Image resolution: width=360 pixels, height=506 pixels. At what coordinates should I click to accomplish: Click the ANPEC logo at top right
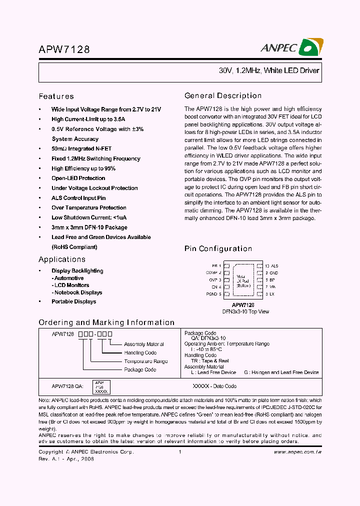291,48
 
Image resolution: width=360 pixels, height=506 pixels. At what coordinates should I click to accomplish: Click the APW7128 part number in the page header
64,49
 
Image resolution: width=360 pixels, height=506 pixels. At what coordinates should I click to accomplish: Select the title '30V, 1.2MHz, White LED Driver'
268,70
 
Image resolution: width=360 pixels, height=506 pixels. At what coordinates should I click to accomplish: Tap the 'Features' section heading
56,96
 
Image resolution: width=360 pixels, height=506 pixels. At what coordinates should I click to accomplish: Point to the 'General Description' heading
223,95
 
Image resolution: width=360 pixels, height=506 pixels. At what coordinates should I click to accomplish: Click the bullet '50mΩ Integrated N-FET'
81,148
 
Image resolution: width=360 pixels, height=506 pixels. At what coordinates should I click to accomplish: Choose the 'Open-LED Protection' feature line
78,178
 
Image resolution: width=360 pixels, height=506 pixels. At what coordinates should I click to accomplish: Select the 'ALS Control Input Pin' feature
78,198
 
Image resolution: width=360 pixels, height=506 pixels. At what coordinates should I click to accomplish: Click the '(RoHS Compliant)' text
74,247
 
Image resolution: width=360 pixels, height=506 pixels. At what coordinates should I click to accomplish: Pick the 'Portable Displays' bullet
73,301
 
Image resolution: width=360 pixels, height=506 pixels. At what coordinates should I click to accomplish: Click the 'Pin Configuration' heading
218,248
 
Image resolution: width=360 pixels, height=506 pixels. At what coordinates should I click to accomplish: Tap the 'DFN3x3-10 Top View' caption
245,311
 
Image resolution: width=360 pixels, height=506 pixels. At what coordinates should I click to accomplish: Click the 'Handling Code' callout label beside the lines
140,352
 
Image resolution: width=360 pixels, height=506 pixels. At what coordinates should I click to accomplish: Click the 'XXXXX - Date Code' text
214,386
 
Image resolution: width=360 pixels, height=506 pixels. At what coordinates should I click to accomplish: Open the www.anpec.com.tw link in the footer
297,452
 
